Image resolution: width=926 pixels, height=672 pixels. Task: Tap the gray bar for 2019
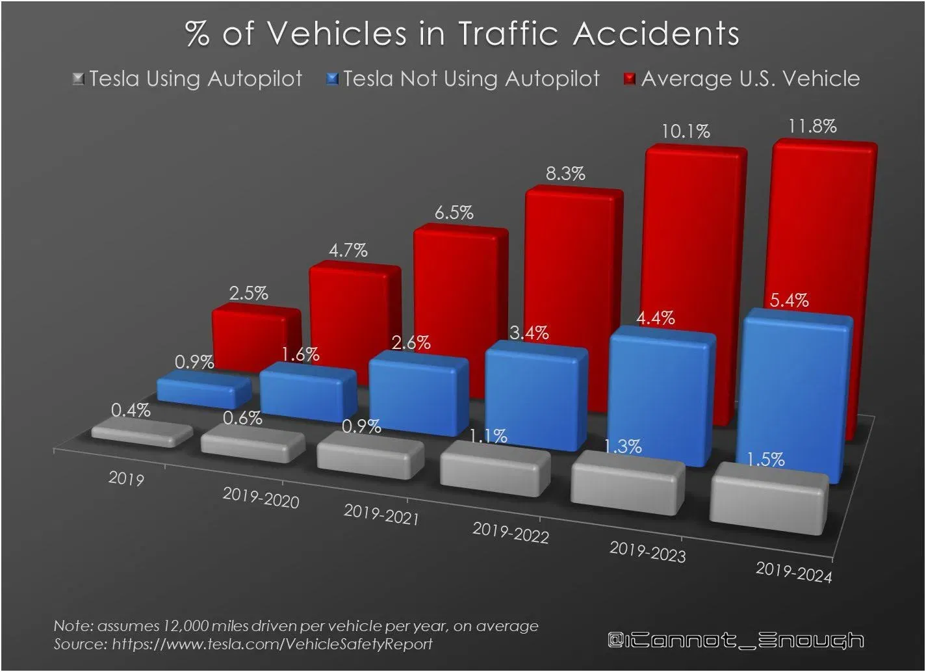pos(142,433)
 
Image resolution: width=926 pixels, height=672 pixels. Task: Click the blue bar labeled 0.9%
pos(204,389)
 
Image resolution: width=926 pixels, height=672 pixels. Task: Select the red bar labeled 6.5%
pos(460,286)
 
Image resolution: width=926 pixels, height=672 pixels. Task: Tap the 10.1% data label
pos(686,132)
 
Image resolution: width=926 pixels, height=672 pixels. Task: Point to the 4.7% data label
pos(348,250)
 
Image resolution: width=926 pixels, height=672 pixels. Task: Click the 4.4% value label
pos(655,318)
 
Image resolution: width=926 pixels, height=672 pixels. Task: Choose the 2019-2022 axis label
pos(511,533)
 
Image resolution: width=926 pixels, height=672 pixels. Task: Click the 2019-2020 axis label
pos(261,498)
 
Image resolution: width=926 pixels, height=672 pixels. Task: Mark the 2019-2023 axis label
pos(647,552)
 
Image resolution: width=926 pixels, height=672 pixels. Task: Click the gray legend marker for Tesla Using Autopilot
pos(79,79)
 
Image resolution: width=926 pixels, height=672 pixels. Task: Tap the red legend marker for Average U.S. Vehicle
pos(629,79)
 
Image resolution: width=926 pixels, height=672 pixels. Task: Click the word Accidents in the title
pos(656,34)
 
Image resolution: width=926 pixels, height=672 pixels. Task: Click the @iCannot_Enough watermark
pos(735,640)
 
